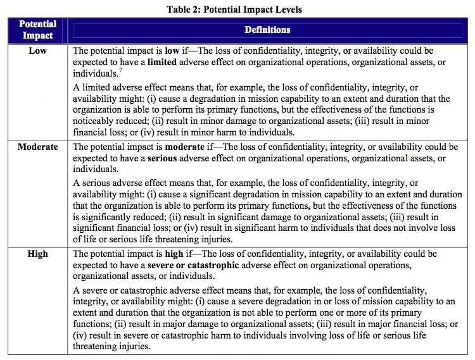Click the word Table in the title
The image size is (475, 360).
(180, 9)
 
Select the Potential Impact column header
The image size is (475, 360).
(37, 30)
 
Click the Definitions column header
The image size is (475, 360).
(267, 30)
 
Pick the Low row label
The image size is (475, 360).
(37, 51)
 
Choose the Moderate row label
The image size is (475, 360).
(37, 147)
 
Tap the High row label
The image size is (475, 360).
(37, 254)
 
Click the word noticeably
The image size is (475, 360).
(95, 120)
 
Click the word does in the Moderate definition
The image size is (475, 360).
(358, 228)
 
